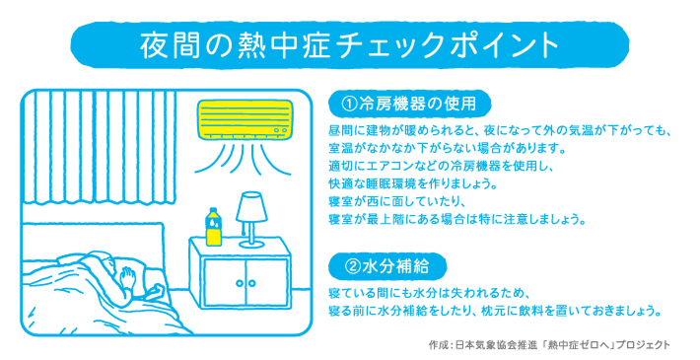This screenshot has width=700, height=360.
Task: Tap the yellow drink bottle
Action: (x=213, y=227)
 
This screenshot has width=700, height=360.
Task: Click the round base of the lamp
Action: (x=251, y=244)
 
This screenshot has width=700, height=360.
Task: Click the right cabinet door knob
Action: (x=252, y=283)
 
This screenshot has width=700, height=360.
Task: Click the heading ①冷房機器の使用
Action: (x=409, y=105)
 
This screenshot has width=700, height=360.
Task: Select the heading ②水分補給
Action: (x=386, y=266)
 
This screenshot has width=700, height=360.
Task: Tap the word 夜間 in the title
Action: (x=165, y=45)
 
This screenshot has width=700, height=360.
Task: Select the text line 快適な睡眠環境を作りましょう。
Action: (x=413, y=184)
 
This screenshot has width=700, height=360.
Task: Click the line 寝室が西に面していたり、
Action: (x=397, y=202)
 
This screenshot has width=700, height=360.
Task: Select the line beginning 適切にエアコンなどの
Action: (x=441, y=166)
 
